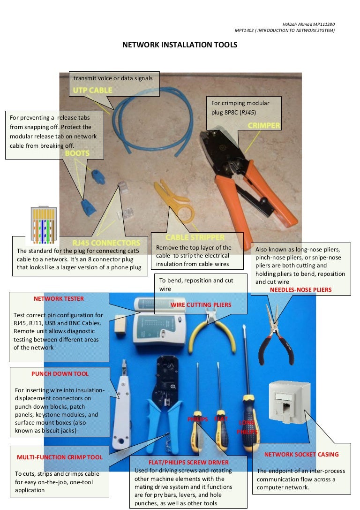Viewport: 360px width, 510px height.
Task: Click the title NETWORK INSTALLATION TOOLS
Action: (x=180, y=45)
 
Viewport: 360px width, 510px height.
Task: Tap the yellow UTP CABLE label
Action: (x=92, y=90)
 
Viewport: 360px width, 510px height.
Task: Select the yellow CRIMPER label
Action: (x=263, y=125)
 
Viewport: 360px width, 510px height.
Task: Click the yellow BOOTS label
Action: (x=77, y=153)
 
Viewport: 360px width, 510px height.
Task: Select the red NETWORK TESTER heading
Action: (x=59, y=298)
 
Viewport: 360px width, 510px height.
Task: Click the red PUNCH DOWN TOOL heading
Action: (x=60, y=374)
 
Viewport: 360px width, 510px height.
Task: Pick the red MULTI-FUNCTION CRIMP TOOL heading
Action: (x=60, y=457)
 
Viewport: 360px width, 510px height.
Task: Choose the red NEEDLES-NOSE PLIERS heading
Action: (x=300, y=290)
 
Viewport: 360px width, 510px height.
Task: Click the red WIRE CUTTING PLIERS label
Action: (x=201, y=305)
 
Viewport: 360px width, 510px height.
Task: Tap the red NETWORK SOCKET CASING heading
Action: (x=301, y=454)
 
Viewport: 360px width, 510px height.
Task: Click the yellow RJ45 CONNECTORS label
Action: (x=106, y=243)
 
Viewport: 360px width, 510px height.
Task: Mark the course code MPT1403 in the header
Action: (x=244, y=30)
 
